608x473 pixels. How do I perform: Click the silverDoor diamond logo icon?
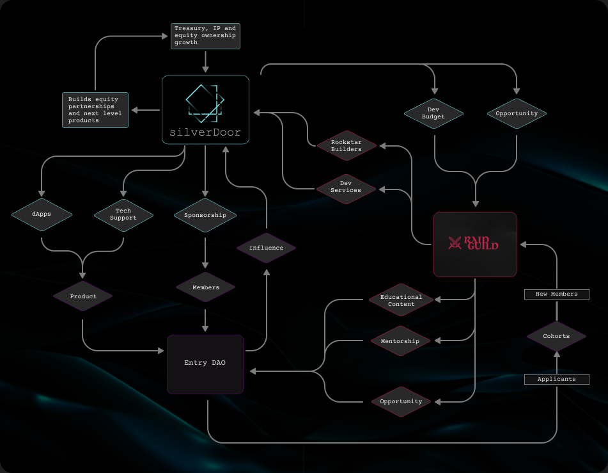[205, 103]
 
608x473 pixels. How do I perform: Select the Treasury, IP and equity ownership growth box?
[205, 36]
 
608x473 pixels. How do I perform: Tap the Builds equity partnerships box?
[95, 110]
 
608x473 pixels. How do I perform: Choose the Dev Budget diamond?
[433, 113]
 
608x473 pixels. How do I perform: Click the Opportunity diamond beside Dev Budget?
[517, 113]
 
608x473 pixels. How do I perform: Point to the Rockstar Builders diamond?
[347, 145]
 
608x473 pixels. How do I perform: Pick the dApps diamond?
[41, 214]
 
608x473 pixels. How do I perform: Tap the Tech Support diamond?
[123, 214]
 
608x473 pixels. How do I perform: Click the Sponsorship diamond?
[205, 215]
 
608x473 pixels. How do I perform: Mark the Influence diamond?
[266, 248]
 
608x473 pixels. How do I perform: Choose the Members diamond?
[205, 287]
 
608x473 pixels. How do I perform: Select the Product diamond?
[83, 296]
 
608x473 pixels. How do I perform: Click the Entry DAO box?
[205, 364]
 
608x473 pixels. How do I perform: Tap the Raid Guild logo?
[474, 243]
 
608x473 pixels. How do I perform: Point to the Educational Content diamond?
[401, 300]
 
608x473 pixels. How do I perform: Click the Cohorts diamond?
[556, 335]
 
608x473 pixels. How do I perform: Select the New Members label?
[556, 294]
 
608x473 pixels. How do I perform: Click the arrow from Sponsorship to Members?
[205, 253]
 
